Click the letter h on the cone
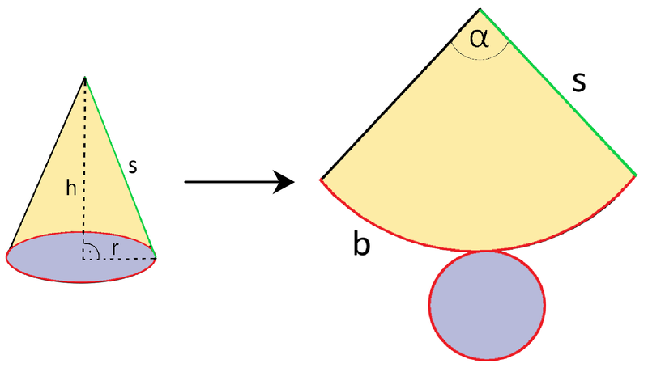click(71, 188)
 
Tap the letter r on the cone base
click(115, 249)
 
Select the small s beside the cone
click(132, 167)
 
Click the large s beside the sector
click(579, 82)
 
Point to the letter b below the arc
click(361, 243)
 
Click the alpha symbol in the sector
click(480, 38)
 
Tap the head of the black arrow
click(284, 182)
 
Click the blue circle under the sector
click(487, 305)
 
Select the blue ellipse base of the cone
click(82, 257)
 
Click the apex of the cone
click(85, 77)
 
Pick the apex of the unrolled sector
click(480, 9)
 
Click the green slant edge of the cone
click(120, 167)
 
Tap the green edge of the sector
click(558, 92)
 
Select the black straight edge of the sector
click(400, 94)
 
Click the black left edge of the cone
click(47, 163)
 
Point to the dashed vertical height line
click(84, 168)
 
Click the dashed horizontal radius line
click(119, 259)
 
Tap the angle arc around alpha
click(480, 59)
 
